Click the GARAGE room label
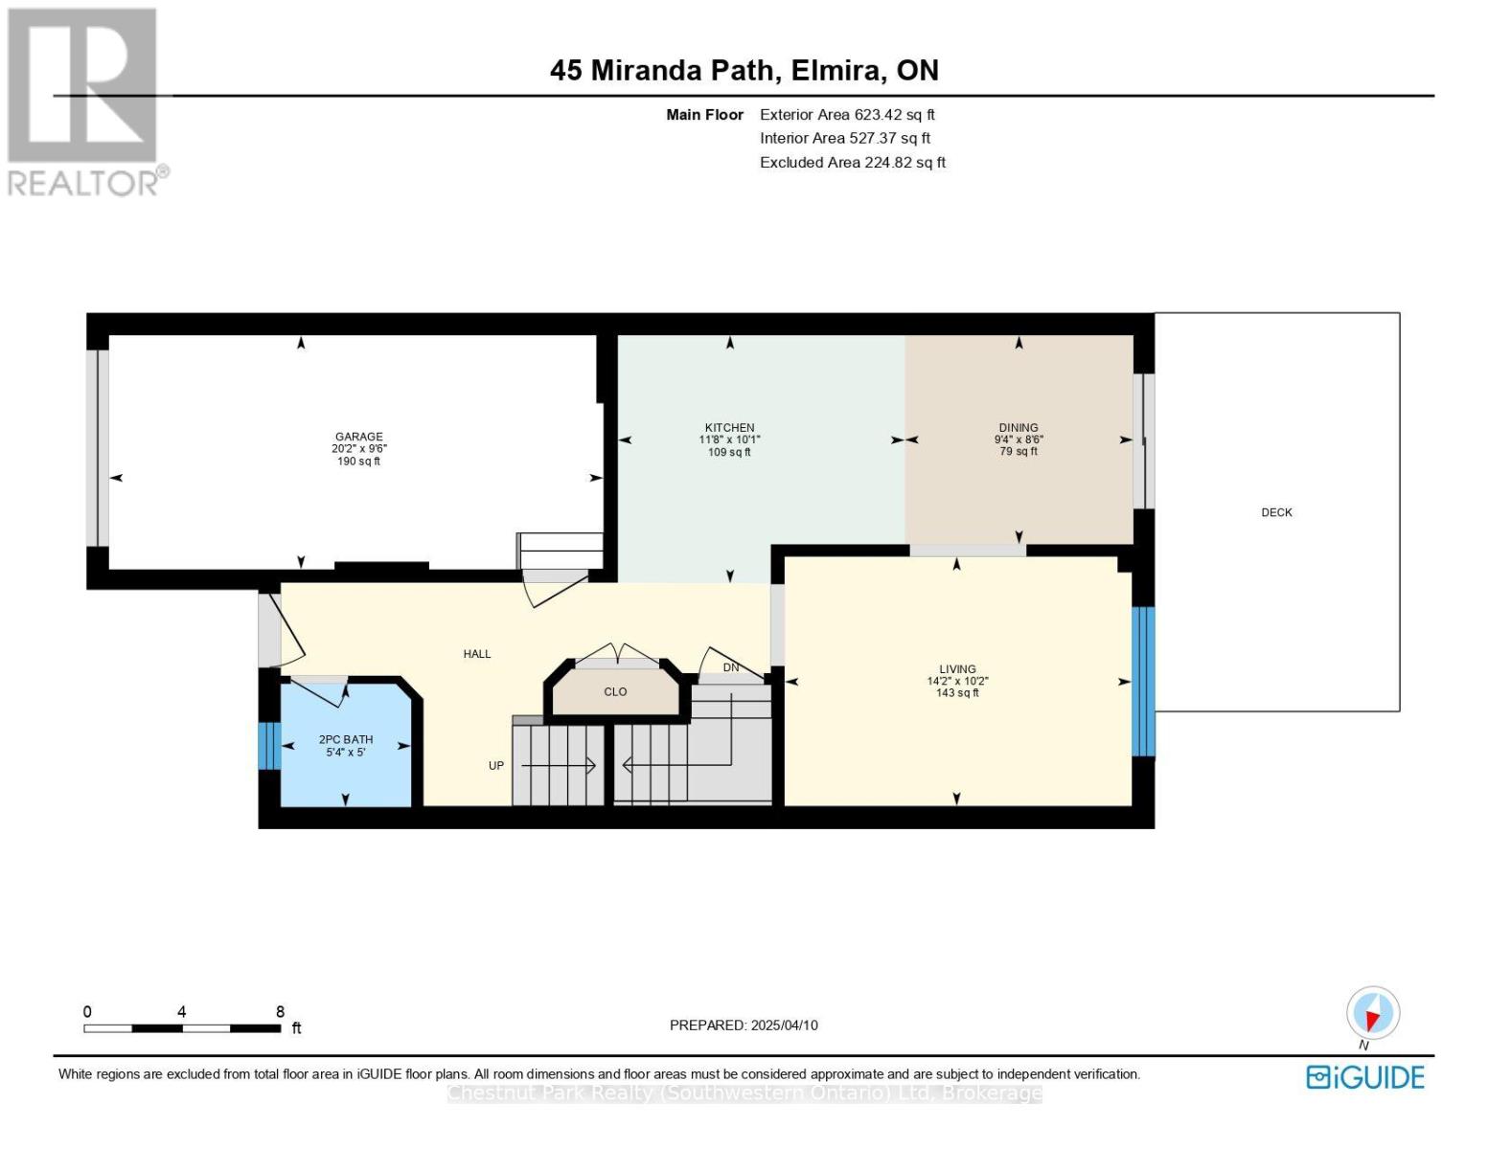tap(358, 436)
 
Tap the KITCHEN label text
tap(729, 428)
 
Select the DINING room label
tap(1018, 427)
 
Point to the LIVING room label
tap(956, 668)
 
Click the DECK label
tap(1276, 512)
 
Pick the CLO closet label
tap(615, 691)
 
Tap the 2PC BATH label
tap(346, 739)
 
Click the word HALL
tap(476, 654)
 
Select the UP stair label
tap(495, 765)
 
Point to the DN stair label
tap(731, 667)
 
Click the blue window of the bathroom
tap(269, 746)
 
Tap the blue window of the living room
tap(1143, 682)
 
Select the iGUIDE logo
tap(1364, 1077)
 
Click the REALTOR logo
tap(85, 102)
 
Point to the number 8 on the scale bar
tap(280, 1011)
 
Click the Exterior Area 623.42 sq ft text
tap(847, 115)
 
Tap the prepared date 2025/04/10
tap(784, 1025)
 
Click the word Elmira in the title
tap(836, 71)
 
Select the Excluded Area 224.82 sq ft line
tap(853, 162)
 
